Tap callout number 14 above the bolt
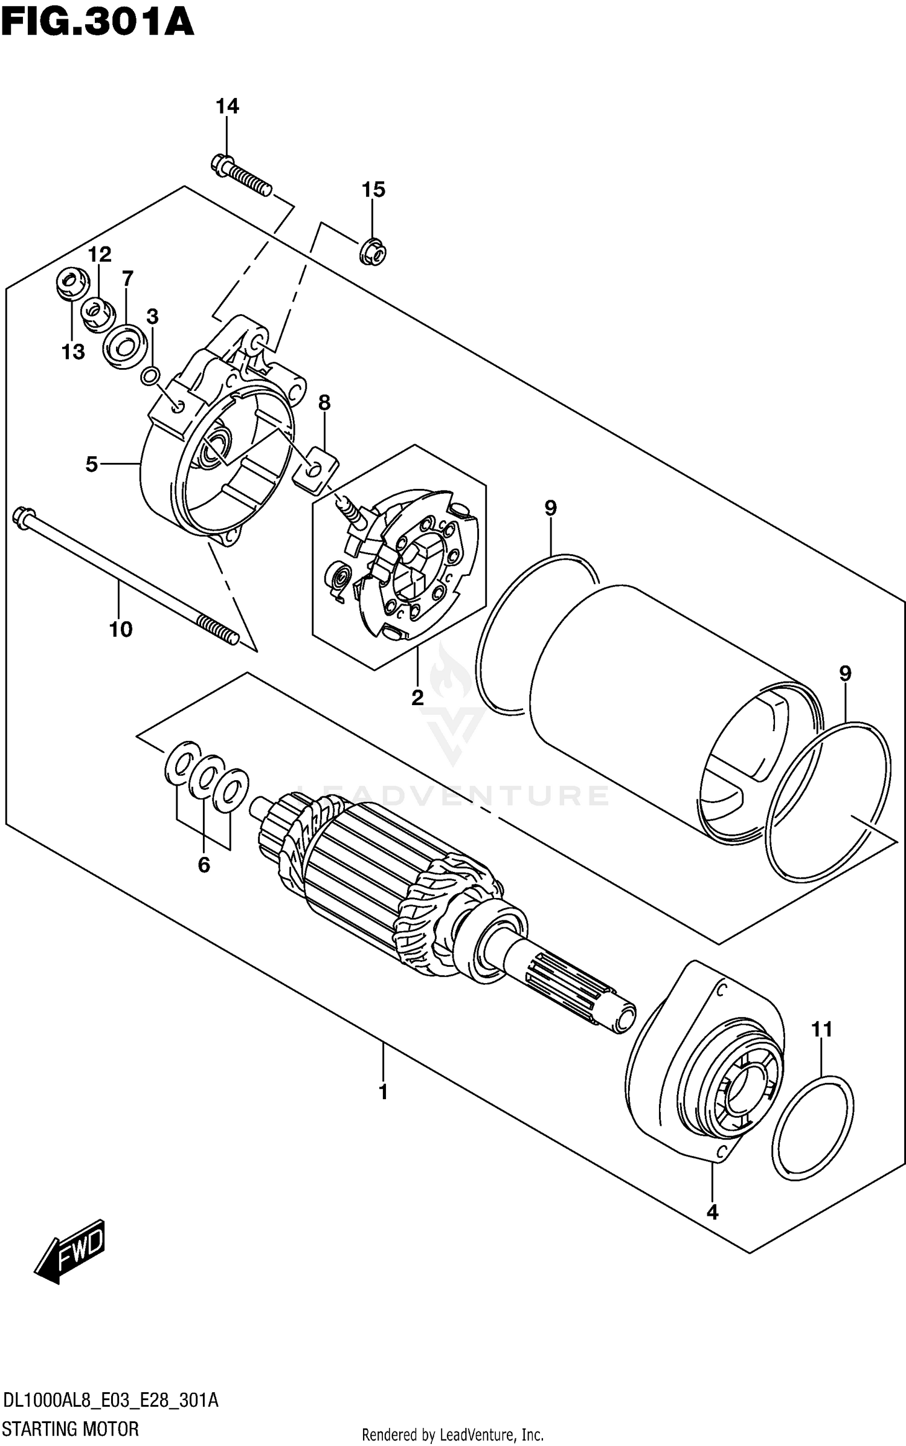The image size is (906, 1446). click(227, 106)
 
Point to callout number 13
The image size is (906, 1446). click(73, 352)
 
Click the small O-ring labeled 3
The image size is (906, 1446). click(150, 376)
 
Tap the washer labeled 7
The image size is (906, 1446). click(125, 346)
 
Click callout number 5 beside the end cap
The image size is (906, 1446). click(91, 464)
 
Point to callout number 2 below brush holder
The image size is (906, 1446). click(417, 697)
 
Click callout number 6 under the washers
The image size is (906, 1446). click(204, 865)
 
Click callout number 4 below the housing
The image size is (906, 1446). click(712, 1212)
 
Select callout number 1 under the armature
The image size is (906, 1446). click(383, 1093)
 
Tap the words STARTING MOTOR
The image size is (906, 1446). click(71, 1429)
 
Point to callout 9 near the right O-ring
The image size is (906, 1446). click(844, 673)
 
